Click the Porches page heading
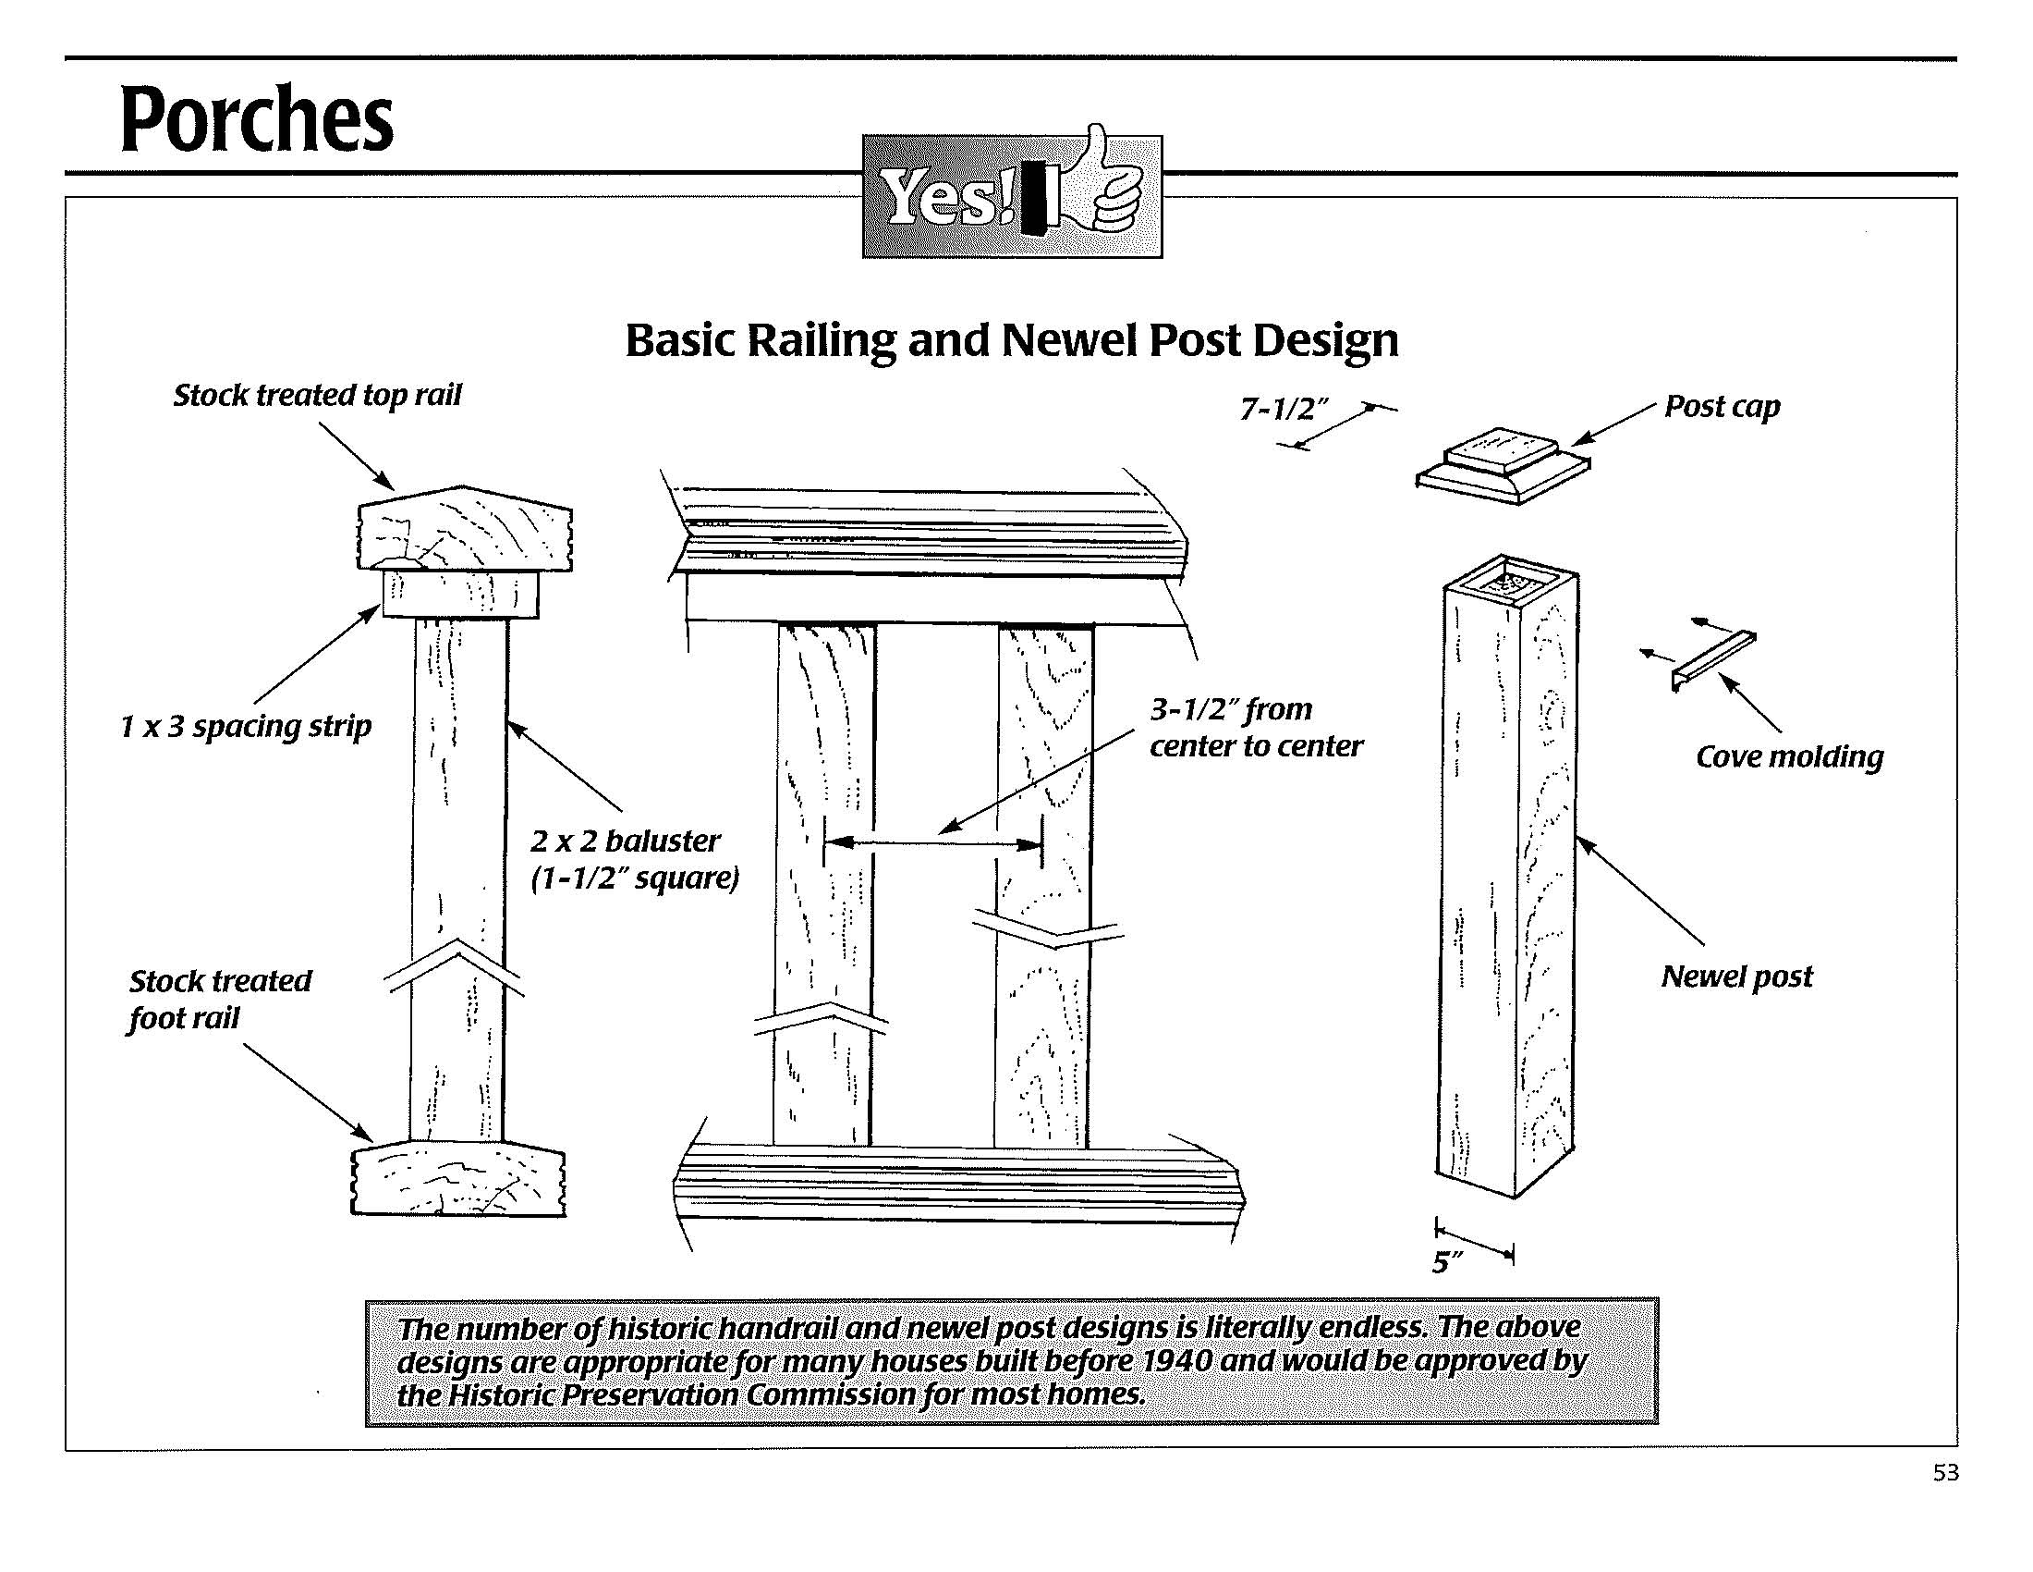click(256, 118)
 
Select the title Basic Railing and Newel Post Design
click(1011, 340)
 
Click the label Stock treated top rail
click(317, 396)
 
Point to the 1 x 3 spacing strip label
click(246, 727)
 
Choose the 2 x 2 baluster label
click(626, 841)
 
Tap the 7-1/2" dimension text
click(1284, 409)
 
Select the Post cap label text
click(1723, 407)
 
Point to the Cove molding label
click(1789, 756)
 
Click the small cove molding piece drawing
click(1712, 659)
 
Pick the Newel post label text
click(1737, 976)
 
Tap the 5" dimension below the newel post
click(1445, 1263)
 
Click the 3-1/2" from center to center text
click(1256, 728)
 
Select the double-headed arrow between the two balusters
click(932, 843)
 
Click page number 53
click(1945, 1472)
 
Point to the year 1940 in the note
click(1175, 1360)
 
